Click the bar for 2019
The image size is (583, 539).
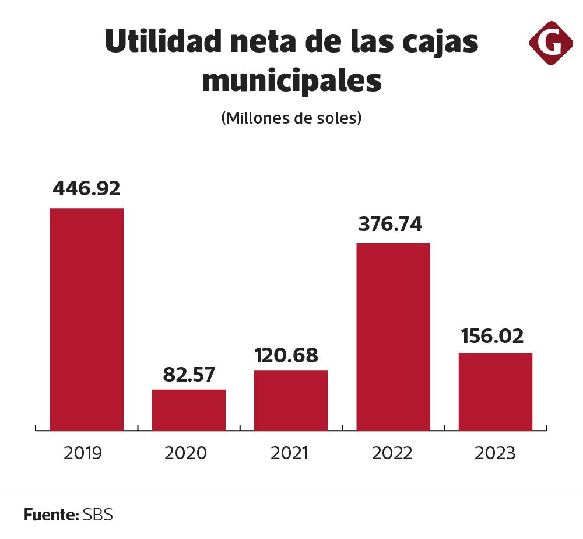coord(86,319)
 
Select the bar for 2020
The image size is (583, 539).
coord(189,409)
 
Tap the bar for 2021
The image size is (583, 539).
coord(291,400)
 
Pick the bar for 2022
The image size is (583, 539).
coord(393,337)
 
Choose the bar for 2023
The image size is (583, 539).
coord(495,391)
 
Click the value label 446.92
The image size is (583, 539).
coord(86,189)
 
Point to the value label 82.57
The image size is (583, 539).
coord(189,374)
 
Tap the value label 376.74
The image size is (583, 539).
coord(390,224)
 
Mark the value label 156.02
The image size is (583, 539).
coord(492,336)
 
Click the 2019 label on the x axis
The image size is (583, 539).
coord(82,453)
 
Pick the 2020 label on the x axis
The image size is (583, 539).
coord(185,453)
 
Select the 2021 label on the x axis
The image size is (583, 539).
coord(289,453)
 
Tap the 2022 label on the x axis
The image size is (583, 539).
coord(392,453)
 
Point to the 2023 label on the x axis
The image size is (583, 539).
coord(495,453)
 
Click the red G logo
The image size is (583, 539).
coord(551,43)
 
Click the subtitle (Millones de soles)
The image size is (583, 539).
coord(291,118)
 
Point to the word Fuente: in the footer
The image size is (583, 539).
coord(51,515)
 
